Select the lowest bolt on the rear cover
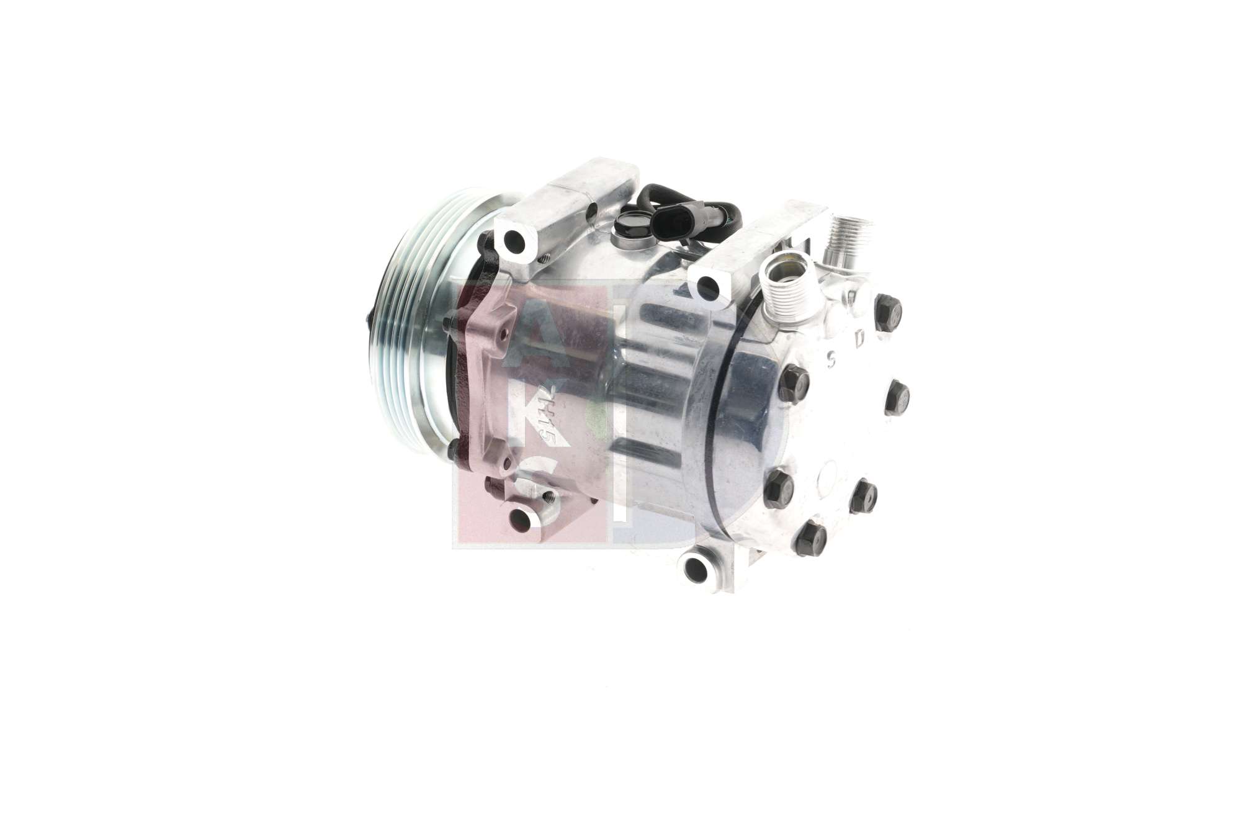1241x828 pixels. [x=809, y=534]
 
